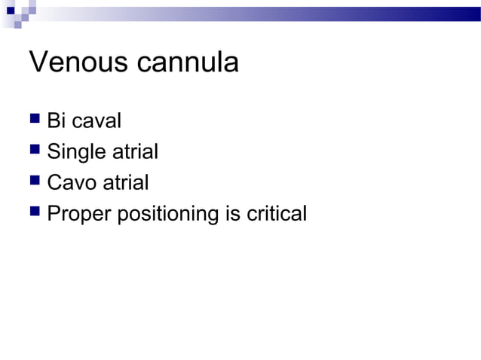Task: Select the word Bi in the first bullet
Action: (56, 121)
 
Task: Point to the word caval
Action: (96, 121)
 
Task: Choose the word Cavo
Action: (70, 183)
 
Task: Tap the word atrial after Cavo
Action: (124, 183)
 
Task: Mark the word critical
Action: (277, 214)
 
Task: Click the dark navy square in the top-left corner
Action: (8, 10)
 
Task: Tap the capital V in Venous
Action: (38, 63)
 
